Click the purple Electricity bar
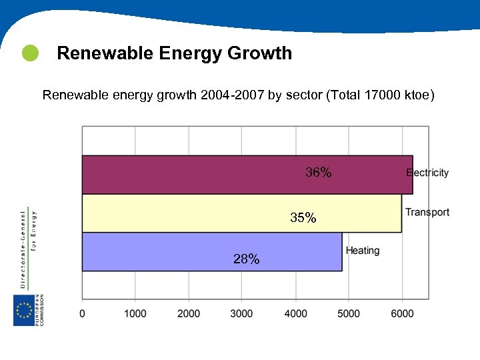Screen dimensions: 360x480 pyautogui.click(x=200, y=174)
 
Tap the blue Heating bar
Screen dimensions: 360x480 pyautogui.click(x=167, y=251)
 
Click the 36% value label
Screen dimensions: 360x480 pyautogui.click(x=318, y=173)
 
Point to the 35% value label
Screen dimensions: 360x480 pyautogui.click(x=303, y=218)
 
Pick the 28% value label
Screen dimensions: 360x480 pyautogui.click(x=247, y=259)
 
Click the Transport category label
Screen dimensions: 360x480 pyautogui.click(x=427, y=213)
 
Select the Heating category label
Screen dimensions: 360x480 pyautogui.click(x=363, y=251)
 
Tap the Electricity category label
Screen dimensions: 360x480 pyautogui.click(x=427, y=173)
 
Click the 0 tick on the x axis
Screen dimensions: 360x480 pyautogui.click(x=83, y=313)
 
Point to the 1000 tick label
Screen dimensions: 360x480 pyautogui.click(x=135, y=313)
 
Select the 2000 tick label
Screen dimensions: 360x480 pyautogui.click(x=189, y=313)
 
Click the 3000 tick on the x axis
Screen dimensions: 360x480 pyautogui.click(x=242, y=313)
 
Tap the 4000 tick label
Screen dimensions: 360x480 pyautogui.click(x=295, y=313)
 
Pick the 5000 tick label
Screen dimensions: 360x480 pyautogui.click(x=349, y=313)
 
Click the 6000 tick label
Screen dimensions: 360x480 pyautogui.click(x=402, y=313)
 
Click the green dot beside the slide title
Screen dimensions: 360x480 pyautogui.click(x=30, y=53)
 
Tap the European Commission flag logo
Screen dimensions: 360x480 pyautogui.click(x=24, y=311)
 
